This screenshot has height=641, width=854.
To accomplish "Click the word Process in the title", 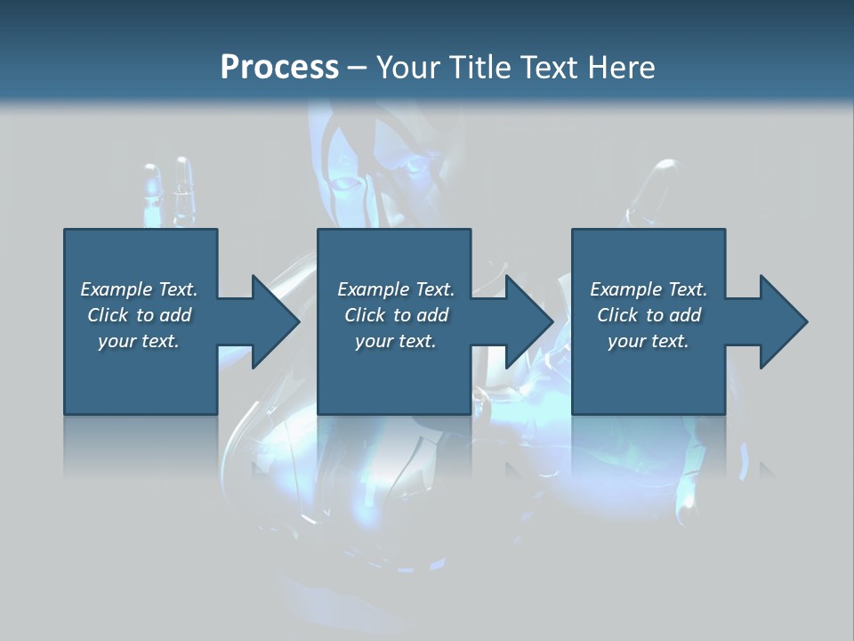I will [x=279, y=68].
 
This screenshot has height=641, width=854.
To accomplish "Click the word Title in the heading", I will [x=477, y=68].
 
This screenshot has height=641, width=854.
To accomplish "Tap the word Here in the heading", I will [x=619, y=68].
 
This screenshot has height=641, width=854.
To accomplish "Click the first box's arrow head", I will [x=271, y=321].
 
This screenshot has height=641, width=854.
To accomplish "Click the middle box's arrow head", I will [x=526, y=321].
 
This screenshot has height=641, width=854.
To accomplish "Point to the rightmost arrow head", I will [x=780, y=321].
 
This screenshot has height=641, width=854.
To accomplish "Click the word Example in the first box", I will [x=117, y=289].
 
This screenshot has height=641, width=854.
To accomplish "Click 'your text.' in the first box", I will [x=139, y=341].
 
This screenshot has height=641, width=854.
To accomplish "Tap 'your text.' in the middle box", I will [x=396, y=341].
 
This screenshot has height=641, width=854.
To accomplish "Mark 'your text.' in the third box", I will [x=649, y=341].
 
